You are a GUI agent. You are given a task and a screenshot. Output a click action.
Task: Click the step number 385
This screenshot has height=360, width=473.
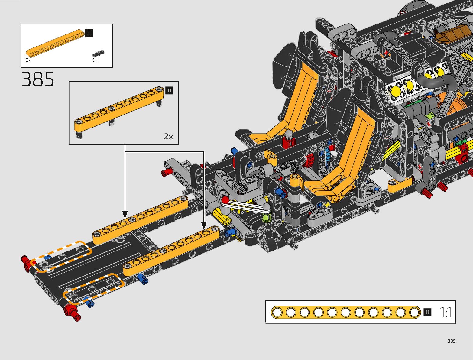click(x=38, y=80)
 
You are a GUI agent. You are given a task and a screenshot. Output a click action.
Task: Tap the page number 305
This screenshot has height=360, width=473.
click(x=451, y=341)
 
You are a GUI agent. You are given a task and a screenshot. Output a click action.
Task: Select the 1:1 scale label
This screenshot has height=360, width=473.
click(x=445, y=312)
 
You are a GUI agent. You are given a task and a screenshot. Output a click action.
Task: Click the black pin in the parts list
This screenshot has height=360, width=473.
click(x=98, y=54)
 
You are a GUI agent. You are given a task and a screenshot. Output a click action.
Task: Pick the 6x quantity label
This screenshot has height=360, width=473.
click(x=95, y=60)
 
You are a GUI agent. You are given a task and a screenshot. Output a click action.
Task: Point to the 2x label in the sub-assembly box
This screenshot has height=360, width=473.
click(x=168, y=137)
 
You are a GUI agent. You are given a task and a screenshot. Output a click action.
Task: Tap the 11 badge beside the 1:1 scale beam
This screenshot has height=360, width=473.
click(x=427, y=312)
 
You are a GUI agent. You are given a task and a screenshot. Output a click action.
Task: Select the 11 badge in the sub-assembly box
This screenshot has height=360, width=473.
click(x=169, y=91)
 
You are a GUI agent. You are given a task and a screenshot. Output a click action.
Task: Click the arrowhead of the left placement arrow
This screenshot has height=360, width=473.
click(x=125, y=215)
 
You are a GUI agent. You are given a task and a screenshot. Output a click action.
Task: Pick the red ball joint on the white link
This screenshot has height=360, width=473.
click(x=225, y=200)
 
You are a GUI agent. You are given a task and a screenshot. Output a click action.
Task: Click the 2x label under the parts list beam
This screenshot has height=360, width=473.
click(x=28, y=60)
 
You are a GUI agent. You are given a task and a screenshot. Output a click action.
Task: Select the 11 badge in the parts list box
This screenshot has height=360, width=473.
click(x=89, y=33)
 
